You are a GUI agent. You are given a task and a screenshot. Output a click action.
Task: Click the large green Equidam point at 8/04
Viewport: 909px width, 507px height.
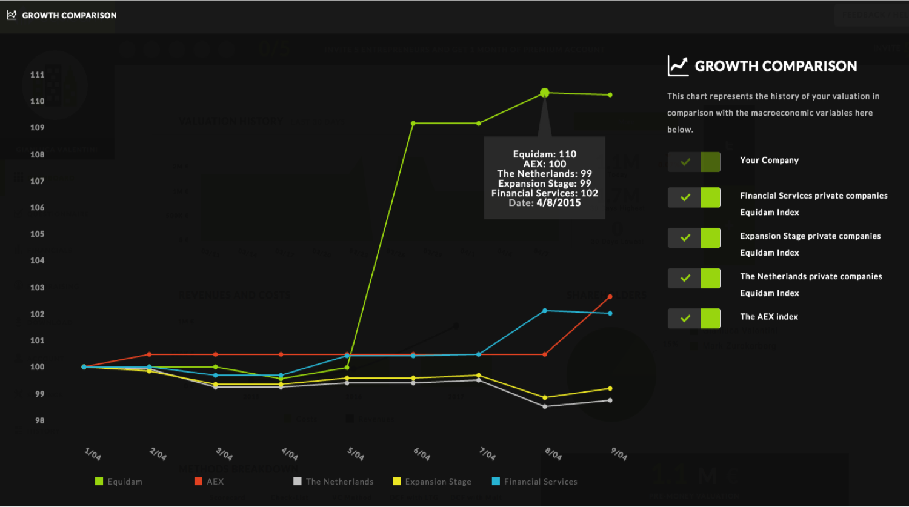tap(544, 93)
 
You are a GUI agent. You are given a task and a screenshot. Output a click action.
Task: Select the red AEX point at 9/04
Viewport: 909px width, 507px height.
tap(610, 297)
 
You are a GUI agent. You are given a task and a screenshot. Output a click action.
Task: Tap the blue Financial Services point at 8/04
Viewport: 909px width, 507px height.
tap(545, 311)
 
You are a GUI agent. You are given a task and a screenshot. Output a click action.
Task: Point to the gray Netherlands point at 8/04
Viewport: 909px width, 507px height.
tap(545, 406)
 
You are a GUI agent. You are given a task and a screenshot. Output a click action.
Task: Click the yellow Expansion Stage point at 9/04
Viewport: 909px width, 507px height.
tap(610, 388)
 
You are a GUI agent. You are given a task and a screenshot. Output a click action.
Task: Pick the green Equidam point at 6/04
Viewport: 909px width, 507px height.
tap(413, 124)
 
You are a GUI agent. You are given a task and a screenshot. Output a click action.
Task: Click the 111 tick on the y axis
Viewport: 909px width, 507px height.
tap(38, 75)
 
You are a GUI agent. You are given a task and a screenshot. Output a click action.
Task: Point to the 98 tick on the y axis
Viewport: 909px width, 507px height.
tap(39, 420)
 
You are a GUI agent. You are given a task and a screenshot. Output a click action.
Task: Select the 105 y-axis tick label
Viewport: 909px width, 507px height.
tap(38, 234)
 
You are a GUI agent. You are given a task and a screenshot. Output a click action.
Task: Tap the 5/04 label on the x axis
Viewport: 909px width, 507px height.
tap(355, 454)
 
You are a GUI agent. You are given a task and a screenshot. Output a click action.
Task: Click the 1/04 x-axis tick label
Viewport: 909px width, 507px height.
tap(93, 454)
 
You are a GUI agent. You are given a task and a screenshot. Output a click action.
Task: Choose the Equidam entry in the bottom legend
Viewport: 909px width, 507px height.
tap(119, 482)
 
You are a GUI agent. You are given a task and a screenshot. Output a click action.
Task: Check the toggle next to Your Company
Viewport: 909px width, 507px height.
tap(694, 162)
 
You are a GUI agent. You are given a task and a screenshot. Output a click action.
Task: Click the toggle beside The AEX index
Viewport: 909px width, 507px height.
tap(694, 319)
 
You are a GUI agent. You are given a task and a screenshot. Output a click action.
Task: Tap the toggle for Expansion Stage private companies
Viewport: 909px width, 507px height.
tap(694, 238)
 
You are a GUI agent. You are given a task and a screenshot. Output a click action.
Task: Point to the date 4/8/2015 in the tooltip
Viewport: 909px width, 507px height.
tap(558, 203)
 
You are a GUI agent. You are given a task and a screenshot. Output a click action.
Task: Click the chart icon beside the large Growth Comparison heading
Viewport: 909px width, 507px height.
tap(678, 66)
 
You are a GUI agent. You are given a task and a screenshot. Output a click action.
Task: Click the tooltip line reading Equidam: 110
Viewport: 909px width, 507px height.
tap(545, 154)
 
